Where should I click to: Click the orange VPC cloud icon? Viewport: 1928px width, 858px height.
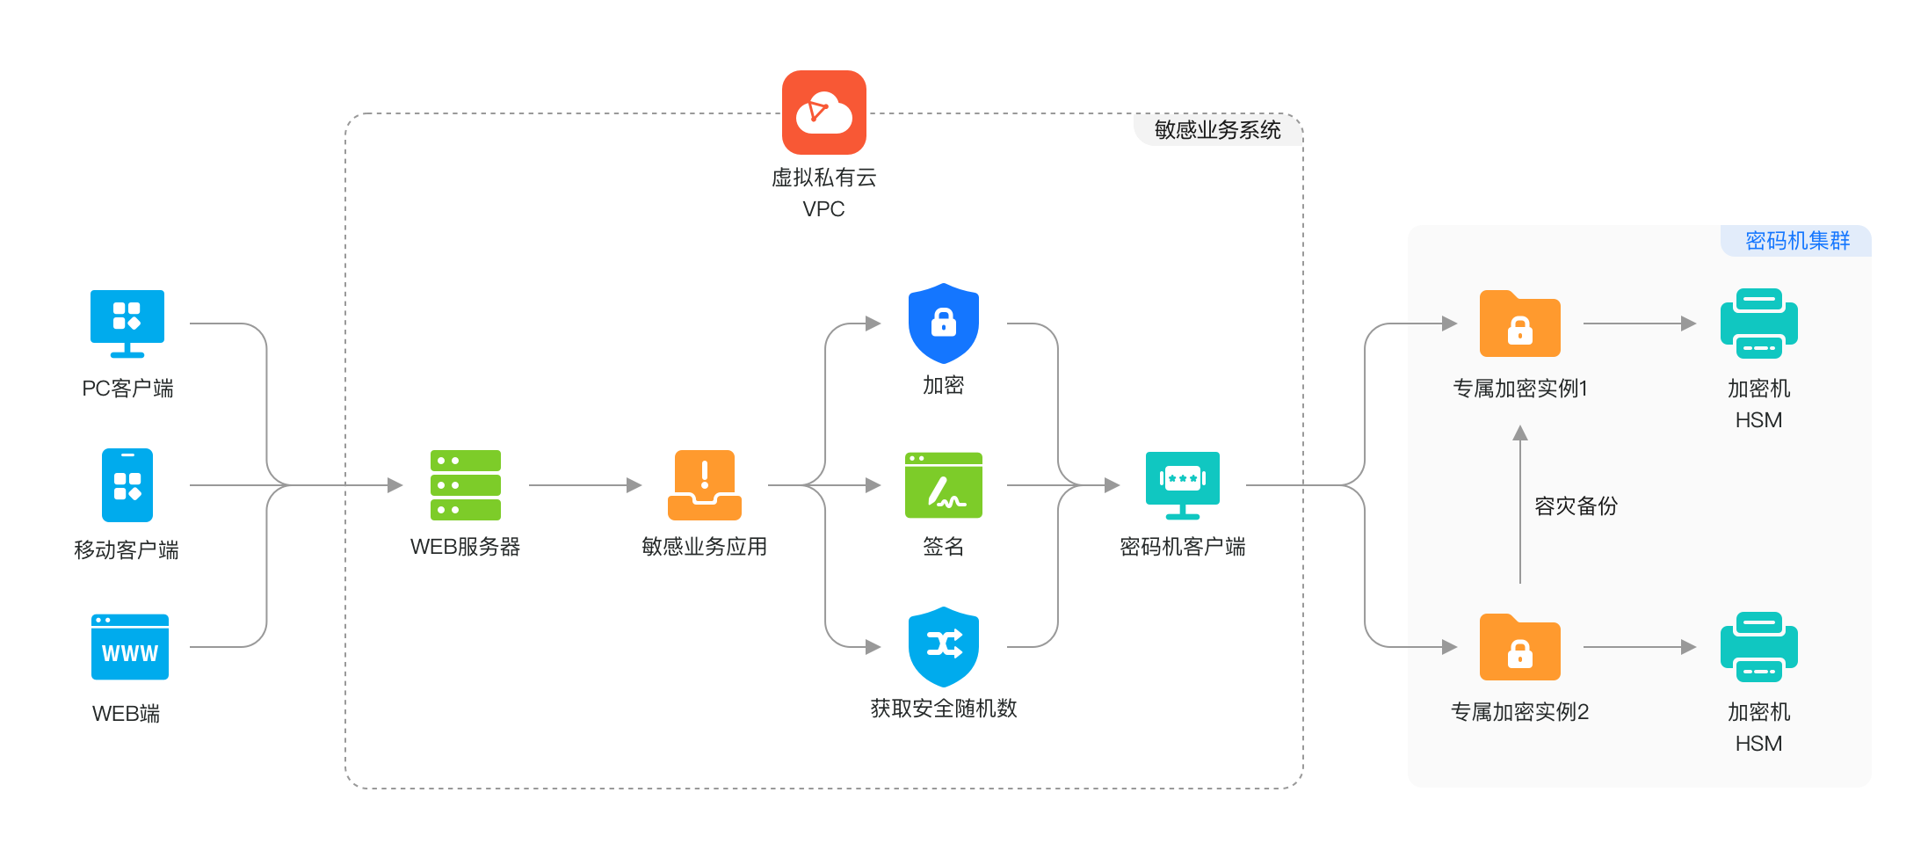click(x=823, y=113)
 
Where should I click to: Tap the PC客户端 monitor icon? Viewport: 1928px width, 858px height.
click(x=127, y=323)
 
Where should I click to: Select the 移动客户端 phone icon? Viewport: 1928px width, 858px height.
click(x=127, y=485)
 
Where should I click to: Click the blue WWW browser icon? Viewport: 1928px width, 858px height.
click(x=129, y=647)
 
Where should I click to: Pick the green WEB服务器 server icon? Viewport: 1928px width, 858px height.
click(x=466, y=485)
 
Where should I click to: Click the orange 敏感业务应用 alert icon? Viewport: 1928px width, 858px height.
click(x=704, y=485)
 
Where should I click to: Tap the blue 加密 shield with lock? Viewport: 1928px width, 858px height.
click(x=943, y=323)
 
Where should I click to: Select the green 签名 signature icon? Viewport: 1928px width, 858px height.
click(x=943, y=485)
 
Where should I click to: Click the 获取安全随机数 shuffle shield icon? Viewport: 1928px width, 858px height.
click(x=943, y=646)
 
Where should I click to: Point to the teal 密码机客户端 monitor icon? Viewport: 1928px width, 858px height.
click(x=1182, y=485)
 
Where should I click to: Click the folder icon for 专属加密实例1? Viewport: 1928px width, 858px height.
click(x=1519, y=324)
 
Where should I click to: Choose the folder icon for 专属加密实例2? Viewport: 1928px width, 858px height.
click(x=1519, y=647)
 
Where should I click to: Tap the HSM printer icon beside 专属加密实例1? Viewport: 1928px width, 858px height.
click(x=1758, y=324)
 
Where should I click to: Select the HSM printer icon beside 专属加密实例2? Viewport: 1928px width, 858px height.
click(x=1758, y=647)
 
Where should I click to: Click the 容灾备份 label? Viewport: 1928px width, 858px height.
click(x=1576, y=506)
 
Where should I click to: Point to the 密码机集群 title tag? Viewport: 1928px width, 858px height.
click(x=1797, y=241)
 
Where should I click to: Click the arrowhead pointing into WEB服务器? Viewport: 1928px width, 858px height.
click(x=395, y=485)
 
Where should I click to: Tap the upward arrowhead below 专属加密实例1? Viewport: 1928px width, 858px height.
click(x=1520, y=433)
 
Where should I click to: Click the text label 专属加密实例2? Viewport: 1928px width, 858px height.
click(x=1519, y=712)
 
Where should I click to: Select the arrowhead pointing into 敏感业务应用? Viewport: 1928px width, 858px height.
click(x=634, y=485)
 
